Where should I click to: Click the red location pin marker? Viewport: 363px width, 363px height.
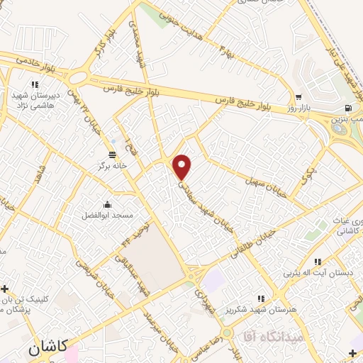pos(182,167)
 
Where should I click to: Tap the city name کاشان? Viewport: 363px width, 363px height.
pos(49,347)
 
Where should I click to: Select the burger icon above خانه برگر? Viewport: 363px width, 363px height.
pos(112,155)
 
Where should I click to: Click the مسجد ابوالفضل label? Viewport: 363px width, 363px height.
pos(108,214)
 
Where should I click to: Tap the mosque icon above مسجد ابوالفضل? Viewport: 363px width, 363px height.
pos(107,204)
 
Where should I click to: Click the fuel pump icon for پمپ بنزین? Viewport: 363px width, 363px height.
pos(347,108)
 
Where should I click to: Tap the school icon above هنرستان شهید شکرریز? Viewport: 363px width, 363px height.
pos(261,298)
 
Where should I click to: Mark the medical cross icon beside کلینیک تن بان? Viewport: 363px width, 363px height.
pos(6,289)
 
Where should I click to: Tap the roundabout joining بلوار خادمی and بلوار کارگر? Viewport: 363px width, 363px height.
pos(78,77)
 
